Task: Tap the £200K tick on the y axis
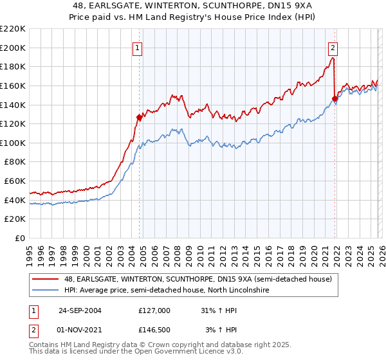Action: [13, 48]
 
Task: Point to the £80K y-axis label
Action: [15, 162]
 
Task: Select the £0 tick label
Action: [19, 239]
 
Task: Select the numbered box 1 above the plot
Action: [138, 47]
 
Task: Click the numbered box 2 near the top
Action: [333, 47]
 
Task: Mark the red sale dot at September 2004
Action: [139, 117]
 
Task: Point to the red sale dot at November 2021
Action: [335, 98]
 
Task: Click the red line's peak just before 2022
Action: [333, 58]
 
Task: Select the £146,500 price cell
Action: [154, 330]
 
